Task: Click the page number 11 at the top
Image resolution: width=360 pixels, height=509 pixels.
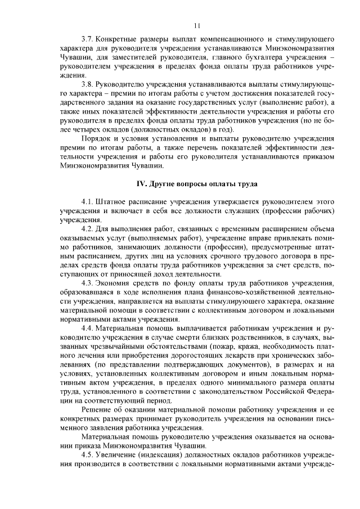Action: coord(197,25)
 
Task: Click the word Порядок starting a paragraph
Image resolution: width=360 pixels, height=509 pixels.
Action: coord(97,140)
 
